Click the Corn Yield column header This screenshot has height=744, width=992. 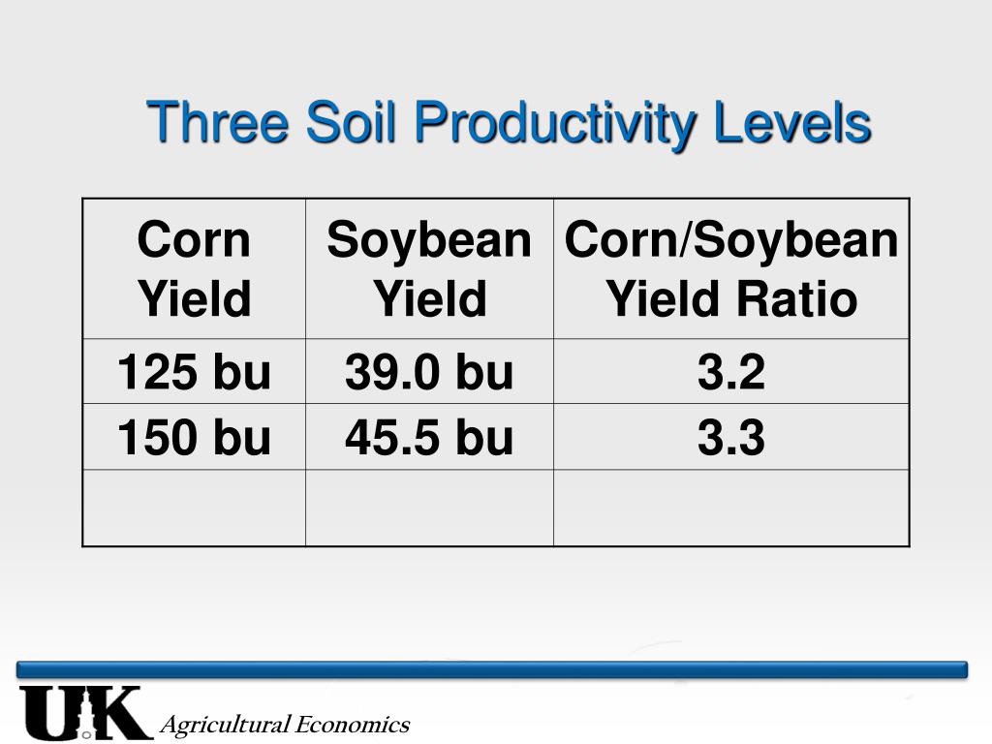coord(194,268)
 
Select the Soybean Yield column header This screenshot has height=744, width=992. coord(429,268)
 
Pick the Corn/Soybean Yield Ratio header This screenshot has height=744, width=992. coord(731,268)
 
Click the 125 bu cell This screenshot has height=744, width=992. coord(194,372)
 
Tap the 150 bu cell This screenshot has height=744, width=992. coord(194,438)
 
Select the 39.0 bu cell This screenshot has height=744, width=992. coord(429,372)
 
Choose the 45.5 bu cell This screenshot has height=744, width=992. coord(429,438)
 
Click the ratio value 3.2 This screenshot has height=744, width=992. coord(731,372)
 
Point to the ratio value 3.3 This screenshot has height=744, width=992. coord(731,438)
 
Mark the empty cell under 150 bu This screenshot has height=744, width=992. coord(194,508)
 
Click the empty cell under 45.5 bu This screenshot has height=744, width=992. coord(429,508)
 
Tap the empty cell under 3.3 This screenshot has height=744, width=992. coord(731,508)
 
